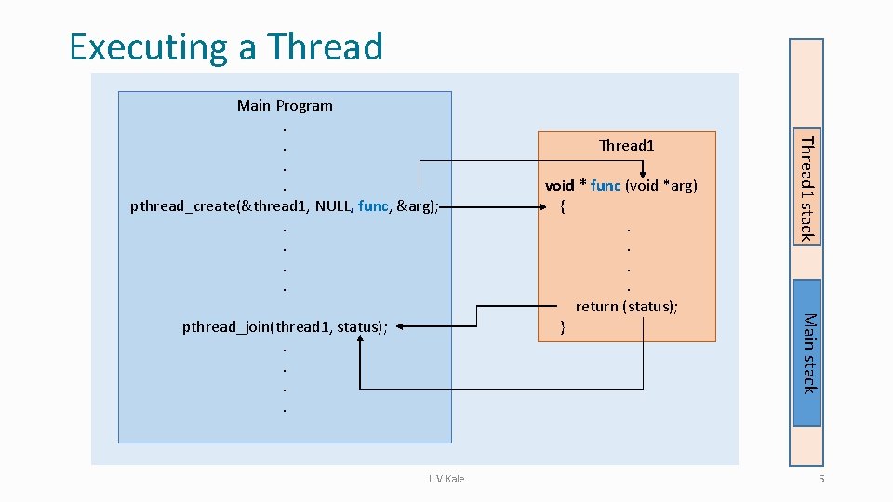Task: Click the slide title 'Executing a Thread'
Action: point(226,46)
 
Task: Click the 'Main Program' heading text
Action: point(285,105)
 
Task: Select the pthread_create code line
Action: point(285,205)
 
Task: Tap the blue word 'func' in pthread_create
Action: point(372,205)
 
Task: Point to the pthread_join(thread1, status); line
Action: point(285,326)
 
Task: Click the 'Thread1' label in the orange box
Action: point(627,145)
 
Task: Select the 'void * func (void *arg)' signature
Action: point(620,185)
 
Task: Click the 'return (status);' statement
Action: point(627,306)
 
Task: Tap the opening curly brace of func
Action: point(563,206)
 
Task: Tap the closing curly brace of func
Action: point(562,326)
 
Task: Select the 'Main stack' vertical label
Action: point(807,353)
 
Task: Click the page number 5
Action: point(821,479)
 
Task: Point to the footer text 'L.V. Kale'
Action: point(446,479)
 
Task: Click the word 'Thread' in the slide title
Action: point(325,46)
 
